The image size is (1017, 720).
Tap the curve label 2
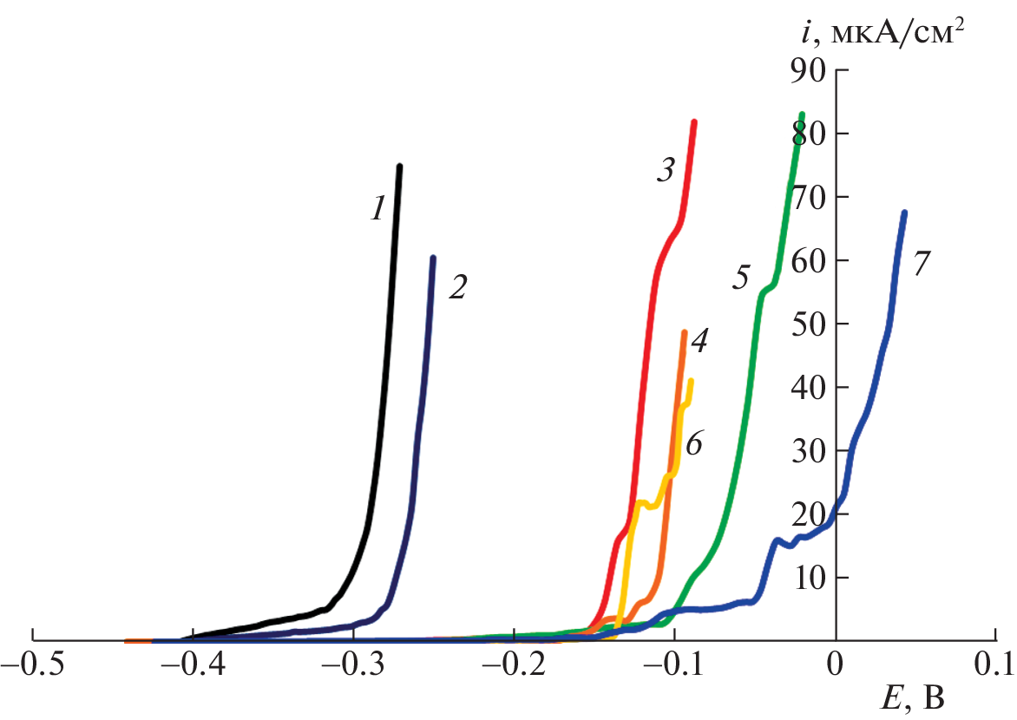(x=457, y=288)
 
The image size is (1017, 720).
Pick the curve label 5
(x=739, y=278)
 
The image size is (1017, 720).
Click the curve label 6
(x=693, y=446)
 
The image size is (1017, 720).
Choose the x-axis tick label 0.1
(x=994, y=669)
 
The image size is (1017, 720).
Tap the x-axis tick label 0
(x=835, y=669)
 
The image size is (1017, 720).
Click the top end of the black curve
(x=399, y=167)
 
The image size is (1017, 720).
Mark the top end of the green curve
(x=802, y=115)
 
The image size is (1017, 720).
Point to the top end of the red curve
(x=694, y=122)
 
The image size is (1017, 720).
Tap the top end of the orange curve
(x=684, y=332)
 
